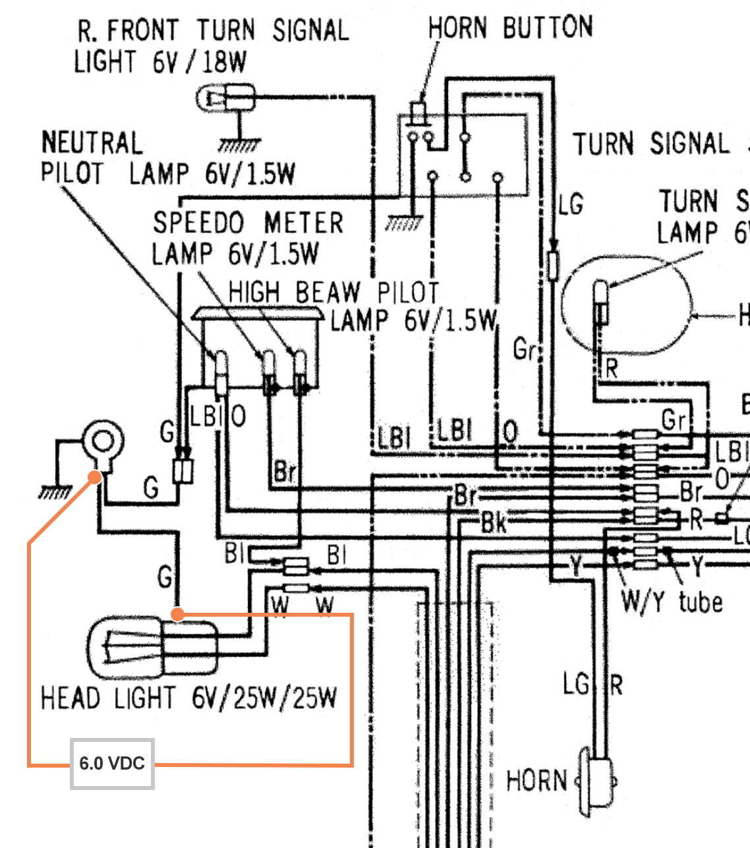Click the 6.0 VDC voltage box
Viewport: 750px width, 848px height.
pos(112,764)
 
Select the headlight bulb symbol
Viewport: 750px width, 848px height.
pos(152,648)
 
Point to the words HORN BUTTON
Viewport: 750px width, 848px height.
pos(510,28)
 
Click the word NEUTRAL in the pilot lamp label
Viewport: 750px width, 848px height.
pos(92,143)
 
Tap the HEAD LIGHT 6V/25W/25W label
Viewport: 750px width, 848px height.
pos(188,698)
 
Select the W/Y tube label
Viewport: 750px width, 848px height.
pos(671,602)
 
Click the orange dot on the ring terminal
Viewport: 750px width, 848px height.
pos(96,476)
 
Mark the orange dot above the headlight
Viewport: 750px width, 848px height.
pos(177,614)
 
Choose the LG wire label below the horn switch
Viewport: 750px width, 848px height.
pos(571,204)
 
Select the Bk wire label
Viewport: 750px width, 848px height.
pos(494,523)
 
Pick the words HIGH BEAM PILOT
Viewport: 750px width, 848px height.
pos(333,292)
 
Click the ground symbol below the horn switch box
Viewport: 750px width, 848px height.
pos(403,225)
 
